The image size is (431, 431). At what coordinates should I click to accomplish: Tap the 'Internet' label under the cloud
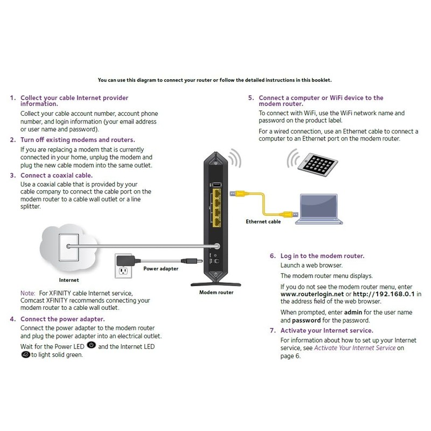tap(68, 280)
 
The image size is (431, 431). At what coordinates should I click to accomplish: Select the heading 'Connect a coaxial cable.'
tap(56, 175)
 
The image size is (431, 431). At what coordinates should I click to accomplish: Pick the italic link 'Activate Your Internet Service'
tap(354, 348)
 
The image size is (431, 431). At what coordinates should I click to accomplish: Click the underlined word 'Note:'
tap(28, 292)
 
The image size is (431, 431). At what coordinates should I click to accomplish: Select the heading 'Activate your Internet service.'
tap(326, 330)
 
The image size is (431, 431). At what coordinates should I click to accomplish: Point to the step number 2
tap(12, 140)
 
